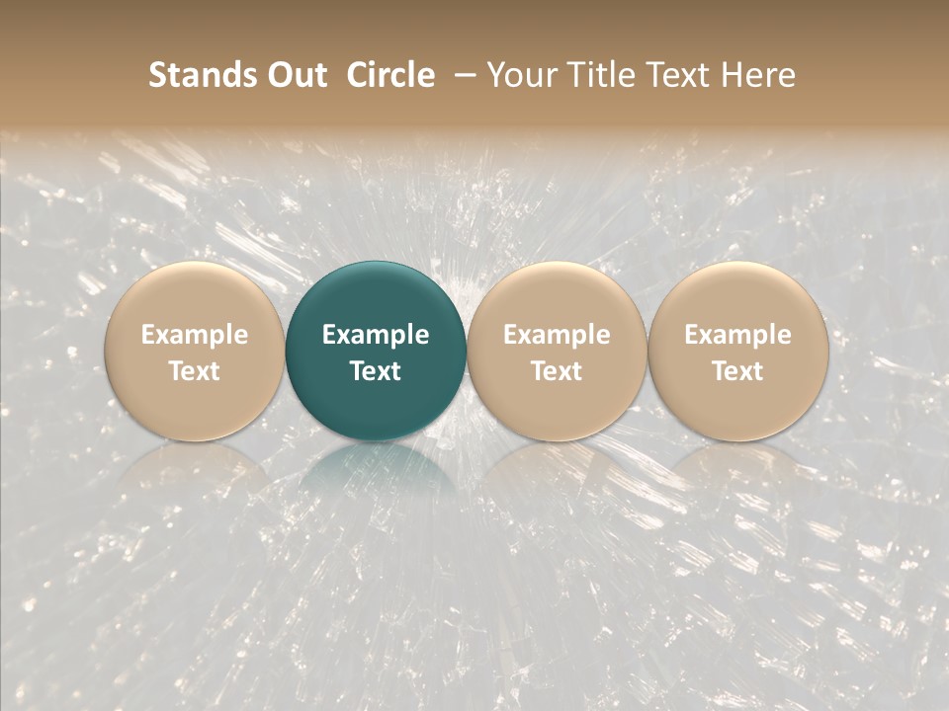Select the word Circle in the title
390,75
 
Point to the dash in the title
461,76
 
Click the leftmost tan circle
194,296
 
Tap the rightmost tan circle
737,296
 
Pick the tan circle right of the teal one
557,296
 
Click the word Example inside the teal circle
376,335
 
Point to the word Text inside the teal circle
376,371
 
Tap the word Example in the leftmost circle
194,335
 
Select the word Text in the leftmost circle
194,371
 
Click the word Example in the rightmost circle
737,335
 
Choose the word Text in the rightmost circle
737,371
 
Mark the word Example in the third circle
557,335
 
